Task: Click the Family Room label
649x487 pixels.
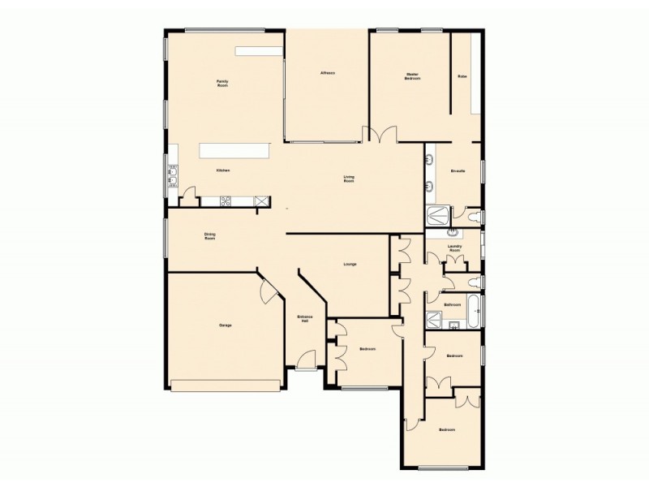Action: [221, 83]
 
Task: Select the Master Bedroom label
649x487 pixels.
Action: [412, 76]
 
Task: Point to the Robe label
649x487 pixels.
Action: [462, 76]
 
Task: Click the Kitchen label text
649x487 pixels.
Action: [223, 170]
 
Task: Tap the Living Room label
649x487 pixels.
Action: [349, 179]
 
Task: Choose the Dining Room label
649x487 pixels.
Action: [209, 237]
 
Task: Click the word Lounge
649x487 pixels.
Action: [350, 264]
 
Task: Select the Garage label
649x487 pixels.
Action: [226, 325]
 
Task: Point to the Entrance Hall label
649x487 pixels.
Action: [304, 319]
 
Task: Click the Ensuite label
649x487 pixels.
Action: [458, 171]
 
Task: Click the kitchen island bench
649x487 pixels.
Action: [235, 151]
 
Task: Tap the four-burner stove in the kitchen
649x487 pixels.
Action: [226, 200]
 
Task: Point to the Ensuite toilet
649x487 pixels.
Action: [477, 216]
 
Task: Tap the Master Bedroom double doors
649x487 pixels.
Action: [380, 136]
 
